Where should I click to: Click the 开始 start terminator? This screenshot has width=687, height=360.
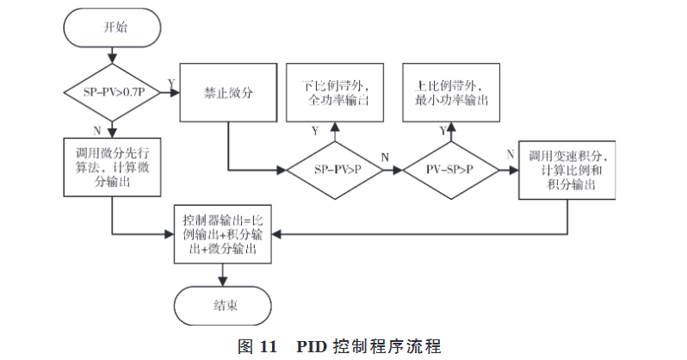(111, 28)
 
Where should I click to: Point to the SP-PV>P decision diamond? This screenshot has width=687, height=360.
(337, 169)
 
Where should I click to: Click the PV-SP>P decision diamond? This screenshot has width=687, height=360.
(452, 169)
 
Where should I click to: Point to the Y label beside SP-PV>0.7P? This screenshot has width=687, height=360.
(171, 82)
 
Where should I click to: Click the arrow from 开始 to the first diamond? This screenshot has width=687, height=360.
(111, 58)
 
